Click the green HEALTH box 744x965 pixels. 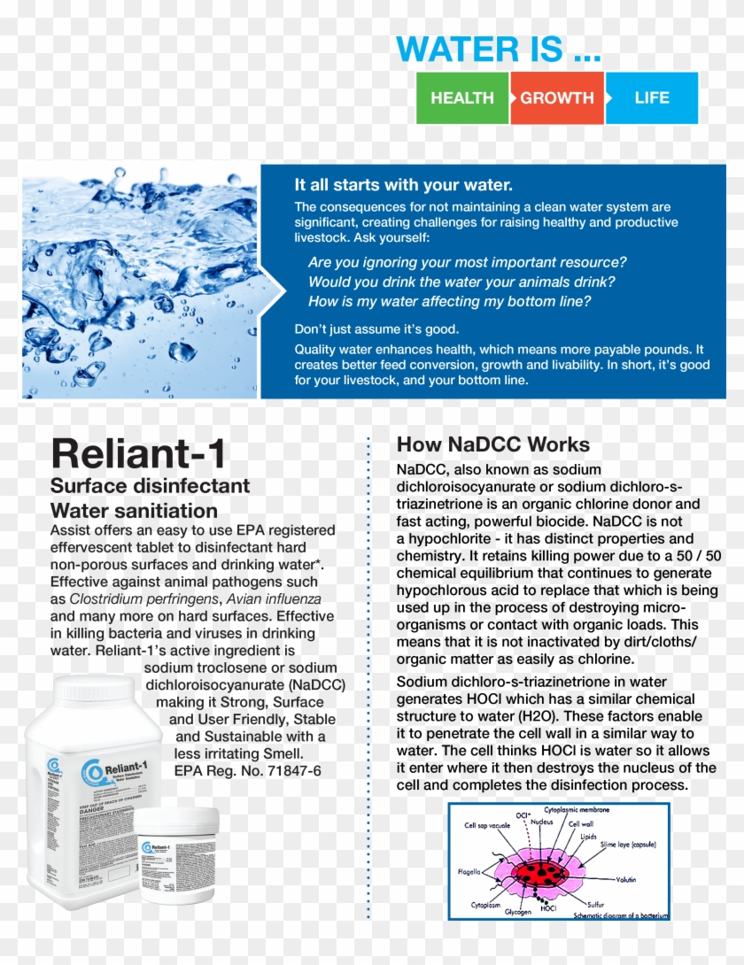(462, 98)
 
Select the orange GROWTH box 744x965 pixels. (557, 98)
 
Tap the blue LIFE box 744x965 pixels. (652, 98)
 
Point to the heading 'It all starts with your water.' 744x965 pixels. (403, 185)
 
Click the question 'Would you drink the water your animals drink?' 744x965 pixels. (461, 282)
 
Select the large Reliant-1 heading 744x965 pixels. (138, 453)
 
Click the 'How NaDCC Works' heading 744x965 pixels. (492, 444)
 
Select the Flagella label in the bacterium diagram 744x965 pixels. (469, 871)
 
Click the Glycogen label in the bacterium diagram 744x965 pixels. (520, 912)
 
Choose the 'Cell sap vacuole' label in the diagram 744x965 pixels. (486, 825)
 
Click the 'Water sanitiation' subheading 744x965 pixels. (134, 511)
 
